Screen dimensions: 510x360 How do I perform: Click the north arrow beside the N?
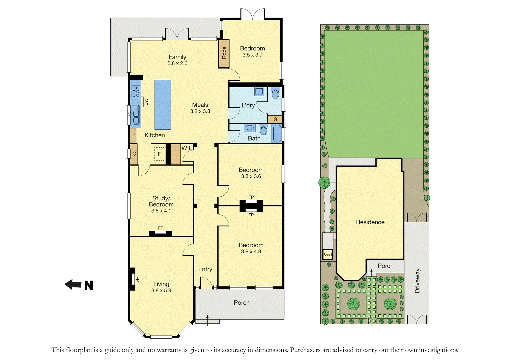(x=73, y=284)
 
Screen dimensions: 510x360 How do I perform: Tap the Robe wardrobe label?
(x=224, y=53)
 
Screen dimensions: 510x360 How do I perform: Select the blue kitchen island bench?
(x=163, y=105)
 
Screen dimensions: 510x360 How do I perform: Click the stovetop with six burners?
(x=136, y=92)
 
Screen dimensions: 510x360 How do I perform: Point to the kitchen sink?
(x=136, y=115)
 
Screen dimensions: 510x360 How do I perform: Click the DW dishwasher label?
(x=146, y=102)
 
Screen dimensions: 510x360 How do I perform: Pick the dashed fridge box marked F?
(x=159, y=154)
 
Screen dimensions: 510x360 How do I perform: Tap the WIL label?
(x=186, y=148)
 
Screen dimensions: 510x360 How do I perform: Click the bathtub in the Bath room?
(x=277, y=133)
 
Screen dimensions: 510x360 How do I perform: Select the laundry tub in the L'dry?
(x=259, y=91)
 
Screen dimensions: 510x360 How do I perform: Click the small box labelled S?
(x=275, y=119)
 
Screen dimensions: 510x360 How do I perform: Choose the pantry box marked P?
(x=133, y=135)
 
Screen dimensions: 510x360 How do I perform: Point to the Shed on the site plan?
(x=327, y=255)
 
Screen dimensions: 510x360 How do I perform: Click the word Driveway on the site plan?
(x=417, y=281)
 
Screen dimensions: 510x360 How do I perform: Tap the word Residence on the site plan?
(x=370, y=222)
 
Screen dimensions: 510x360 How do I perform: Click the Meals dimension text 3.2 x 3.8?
(x=200, y=111)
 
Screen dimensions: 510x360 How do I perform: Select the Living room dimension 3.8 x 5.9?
(x=161, y=290)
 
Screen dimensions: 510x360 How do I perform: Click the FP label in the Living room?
(x=137, y=279)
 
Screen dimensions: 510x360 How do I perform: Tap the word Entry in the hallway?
(x=205, y=269)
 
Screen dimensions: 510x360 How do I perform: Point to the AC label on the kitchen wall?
(x=130, y=115)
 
